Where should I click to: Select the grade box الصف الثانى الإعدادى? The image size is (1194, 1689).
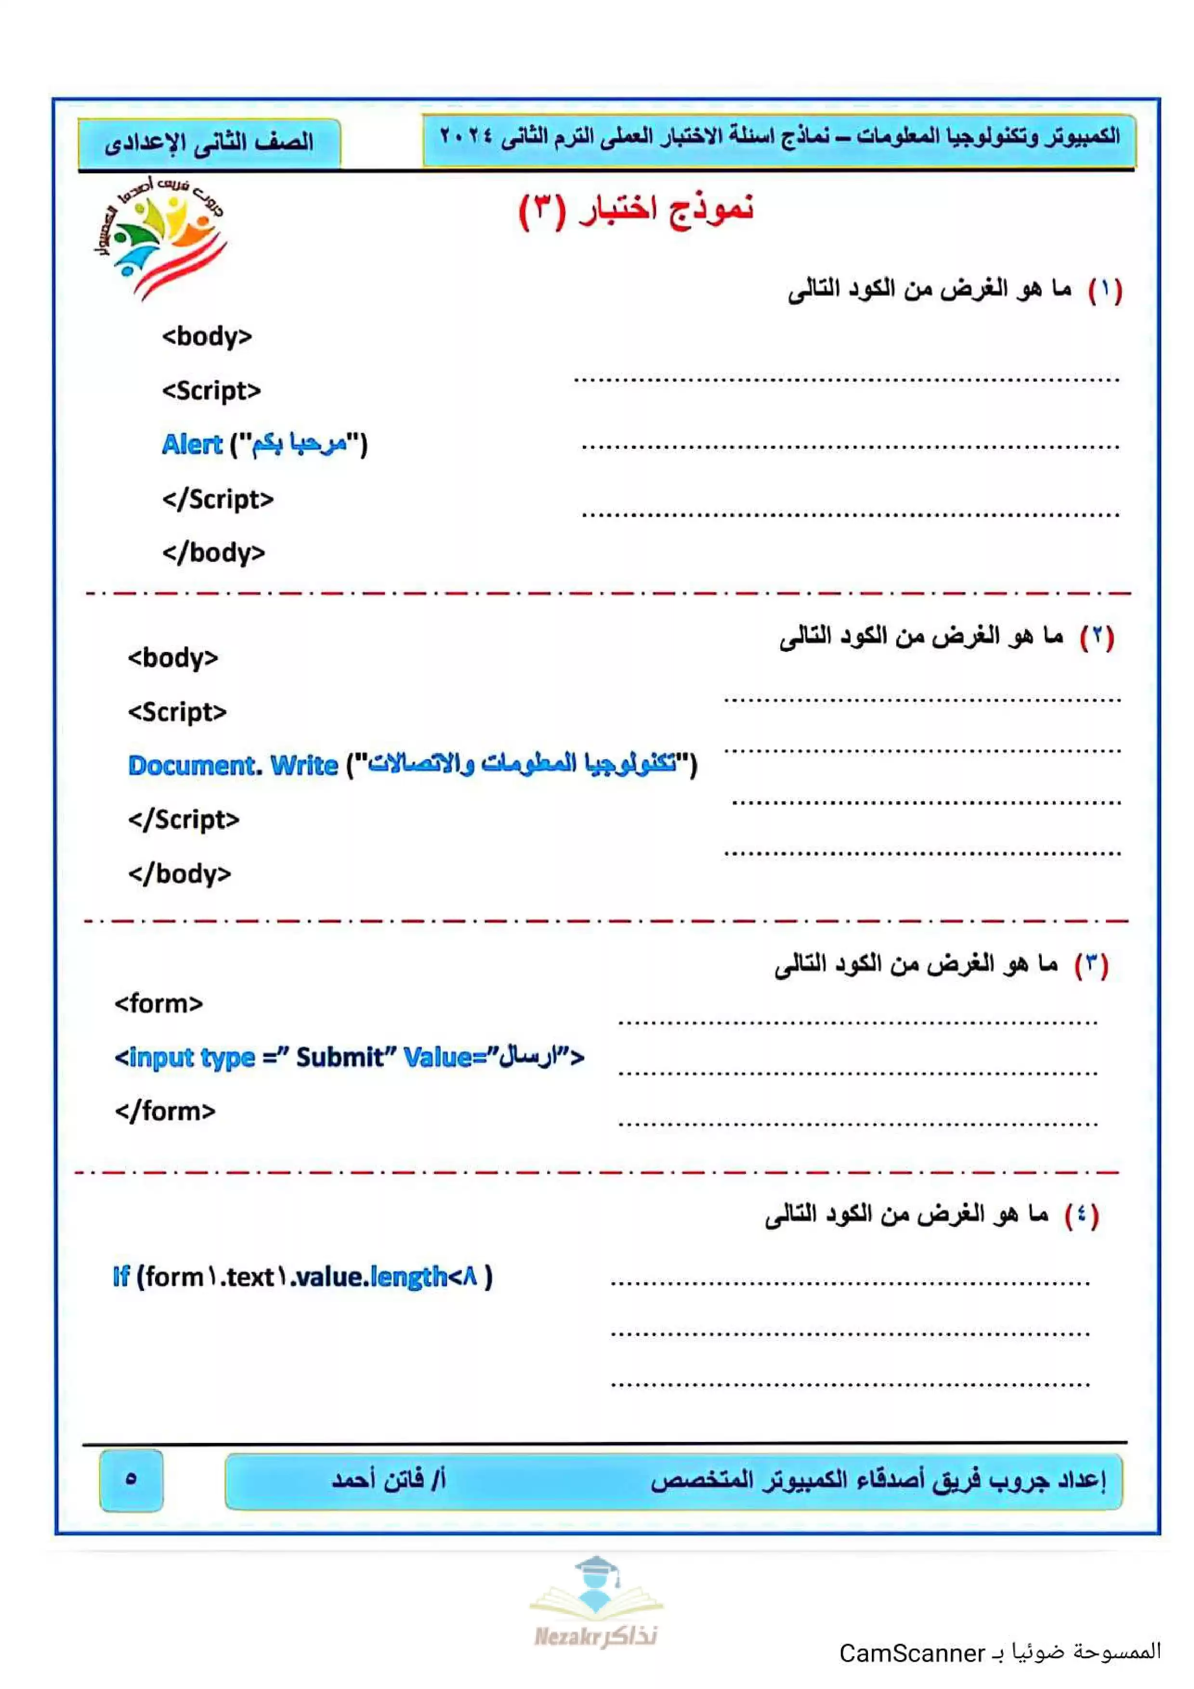click(x=209, y=142)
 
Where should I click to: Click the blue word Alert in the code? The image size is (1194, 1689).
click(x=191, y=444)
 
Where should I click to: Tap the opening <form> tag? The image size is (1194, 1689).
click(x=158, y=1003)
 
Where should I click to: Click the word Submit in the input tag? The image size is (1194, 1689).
click(x=340, y=1057)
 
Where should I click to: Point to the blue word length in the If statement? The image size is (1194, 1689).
click(x=408, y=1277)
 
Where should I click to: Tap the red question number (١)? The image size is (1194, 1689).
click(x=1105, y=290)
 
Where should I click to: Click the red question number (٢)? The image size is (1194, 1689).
click(x=1097, y=637)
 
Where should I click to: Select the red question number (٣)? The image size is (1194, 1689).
click(x=1091, y=964)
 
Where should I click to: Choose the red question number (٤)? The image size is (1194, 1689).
click(x=1081, y=1215)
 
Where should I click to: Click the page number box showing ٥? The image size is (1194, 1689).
click(x=131, y=1480)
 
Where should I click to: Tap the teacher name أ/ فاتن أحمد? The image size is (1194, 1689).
click(x=388, y=1480)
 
